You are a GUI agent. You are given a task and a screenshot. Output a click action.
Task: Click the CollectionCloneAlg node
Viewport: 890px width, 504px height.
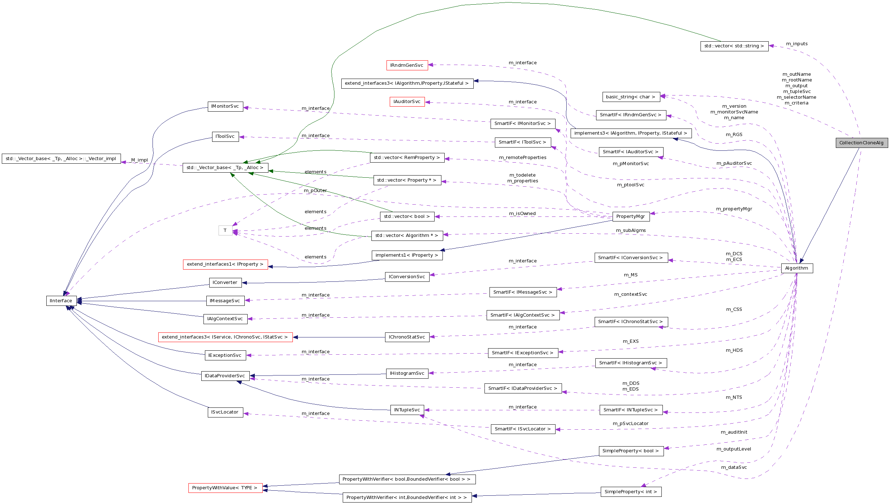[x=861, y=143]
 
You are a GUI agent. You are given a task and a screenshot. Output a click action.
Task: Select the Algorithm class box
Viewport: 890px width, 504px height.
[x=797, y=268]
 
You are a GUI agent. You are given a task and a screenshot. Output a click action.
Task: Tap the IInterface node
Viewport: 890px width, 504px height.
[x=61, y=301]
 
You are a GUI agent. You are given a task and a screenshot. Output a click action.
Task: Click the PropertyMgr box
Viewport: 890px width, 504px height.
[x=631, y=216]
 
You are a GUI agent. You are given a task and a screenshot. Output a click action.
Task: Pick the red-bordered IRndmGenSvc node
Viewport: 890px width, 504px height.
[x=407, y=65]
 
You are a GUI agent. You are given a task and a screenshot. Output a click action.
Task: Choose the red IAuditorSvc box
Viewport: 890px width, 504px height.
[x=407, y=102]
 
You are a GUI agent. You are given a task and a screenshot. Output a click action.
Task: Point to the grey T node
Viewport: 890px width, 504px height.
[x=225, y=230]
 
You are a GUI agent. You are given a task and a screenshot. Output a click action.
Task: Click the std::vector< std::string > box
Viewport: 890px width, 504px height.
[x=734, y=46]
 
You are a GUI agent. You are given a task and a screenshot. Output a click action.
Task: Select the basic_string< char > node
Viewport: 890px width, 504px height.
[x=631, y=97]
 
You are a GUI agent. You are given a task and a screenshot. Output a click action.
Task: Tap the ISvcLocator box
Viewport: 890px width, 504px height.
[x=225, y=412]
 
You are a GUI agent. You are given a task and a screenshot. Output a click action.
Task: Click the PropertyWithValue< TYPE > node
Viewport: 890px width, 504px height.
[x=225, y=488]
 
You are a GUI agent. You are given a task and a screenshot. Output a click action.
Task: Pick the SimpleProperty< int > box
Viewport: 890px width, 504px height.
[x=631, y=492]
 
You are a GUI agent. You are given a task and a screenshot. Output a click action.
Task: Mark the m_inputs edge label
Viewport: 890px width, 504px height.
[x=797, y=44]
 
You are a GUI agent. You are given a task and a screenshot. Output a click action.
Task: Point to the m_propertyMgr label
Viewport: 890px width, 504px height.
[x=734, y=209]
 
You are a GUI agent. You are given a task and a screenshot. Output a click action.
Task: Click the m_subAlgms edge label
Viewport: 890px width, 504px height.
[x=631, y=230]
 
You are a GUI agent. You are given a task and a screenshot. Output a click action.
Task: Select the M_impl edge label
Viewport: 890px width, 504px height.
[x=139, y=160]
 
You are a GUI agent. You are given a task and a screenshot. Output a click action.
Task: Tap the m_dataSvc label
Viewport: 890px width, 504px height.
[x=734, y=467]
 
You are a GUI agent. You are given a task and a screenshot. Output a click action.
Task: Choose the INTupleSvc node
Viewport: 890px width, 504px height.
[x=407, y=410]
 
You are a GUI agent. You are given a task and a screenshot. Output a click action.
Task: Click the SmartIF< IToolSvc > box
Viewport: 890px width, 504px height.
[x=522, y=142]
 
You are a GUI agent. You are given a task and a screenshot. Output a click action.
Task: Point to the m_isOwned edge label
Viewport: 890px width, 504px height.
[x=522, y=214]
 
